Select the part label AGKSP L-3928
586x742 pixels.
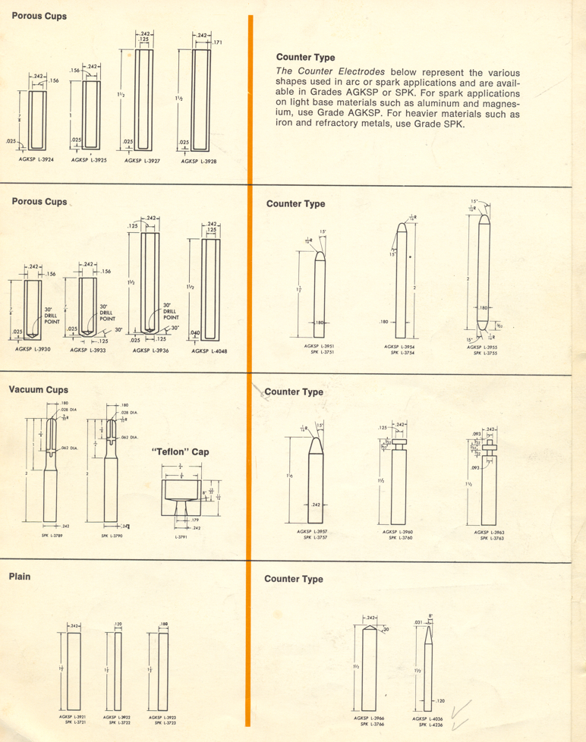(198, 161)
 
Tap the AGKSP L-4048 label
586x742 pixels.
(210, 351)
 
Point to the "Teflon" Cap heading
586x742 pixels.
(181, 452)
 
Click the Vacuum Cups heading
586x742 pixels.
(39, 390)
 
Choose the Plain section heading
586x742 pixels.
(20, 577)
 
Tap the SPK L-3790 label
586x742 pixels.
(112, 536)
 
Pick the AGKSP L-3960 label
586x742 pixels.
(397, 532)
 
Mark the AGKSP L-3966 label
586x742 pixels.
(368, 717)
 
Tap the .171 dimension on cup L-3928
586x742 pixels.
(217, 42)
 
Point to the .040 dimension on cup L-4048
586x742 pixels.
(195, 333)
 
